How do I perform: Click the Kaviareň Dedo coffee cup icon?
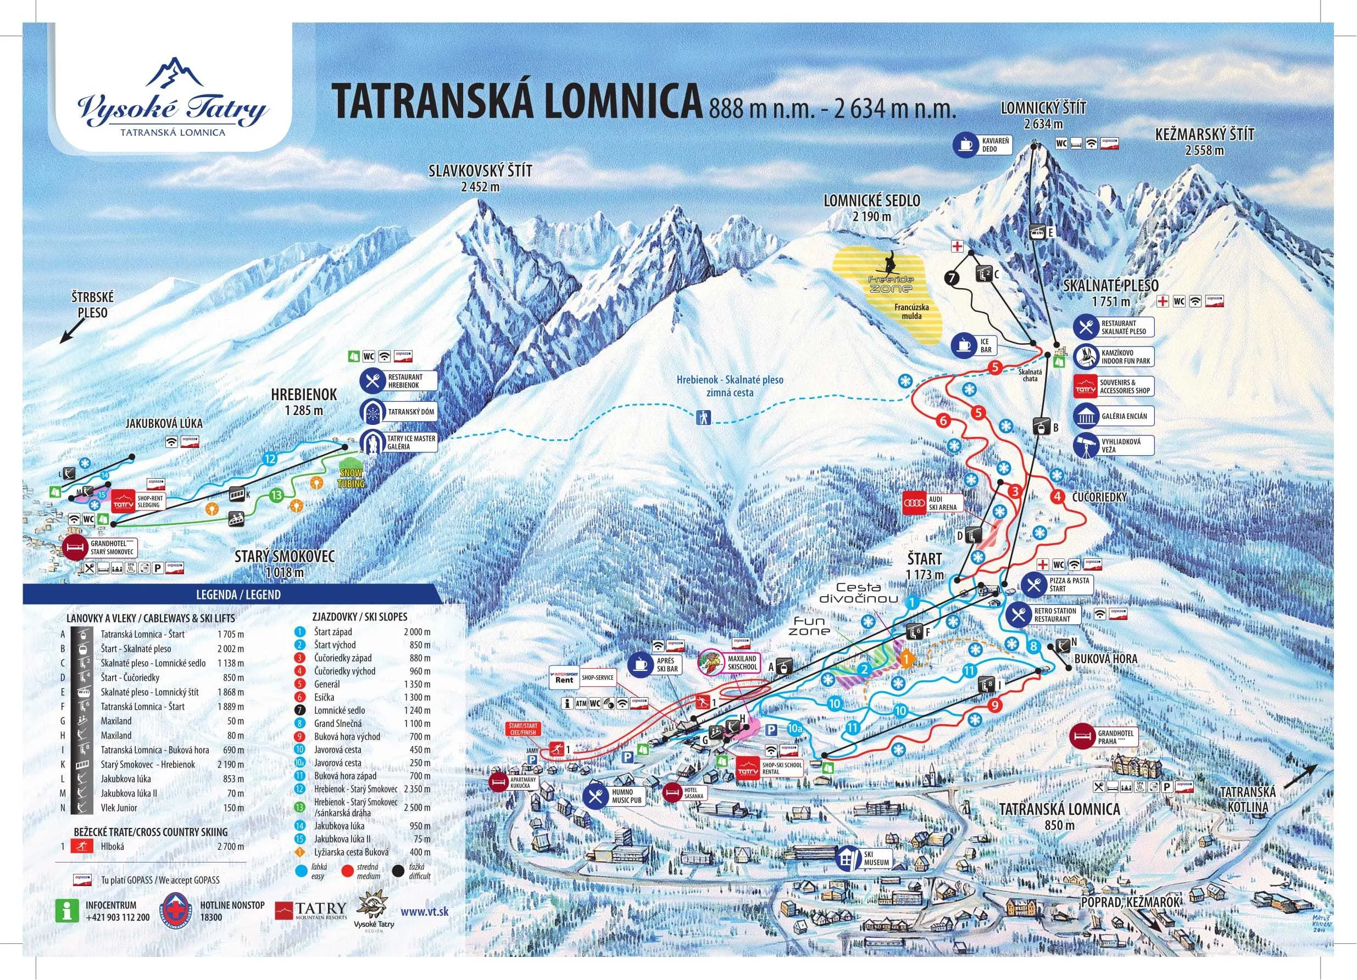[x=966, y=145]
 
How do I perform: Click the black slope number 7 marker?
[x=952, y=277]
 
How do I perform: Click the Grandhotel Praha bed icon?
[x=1081, y=737]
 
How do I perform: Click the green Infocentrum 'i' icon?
[x=67, y=911]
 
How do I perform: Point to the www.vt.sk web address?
[x=424, y=912]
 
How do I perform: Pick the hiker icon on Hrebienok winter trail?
[x=703, y=417]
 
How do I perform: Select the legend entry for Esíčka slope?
[x=324, y=697]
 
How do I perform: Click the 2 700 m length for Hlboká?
[x=230, y=847]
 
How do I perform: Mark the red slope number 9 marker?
[x=995, y=705]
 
